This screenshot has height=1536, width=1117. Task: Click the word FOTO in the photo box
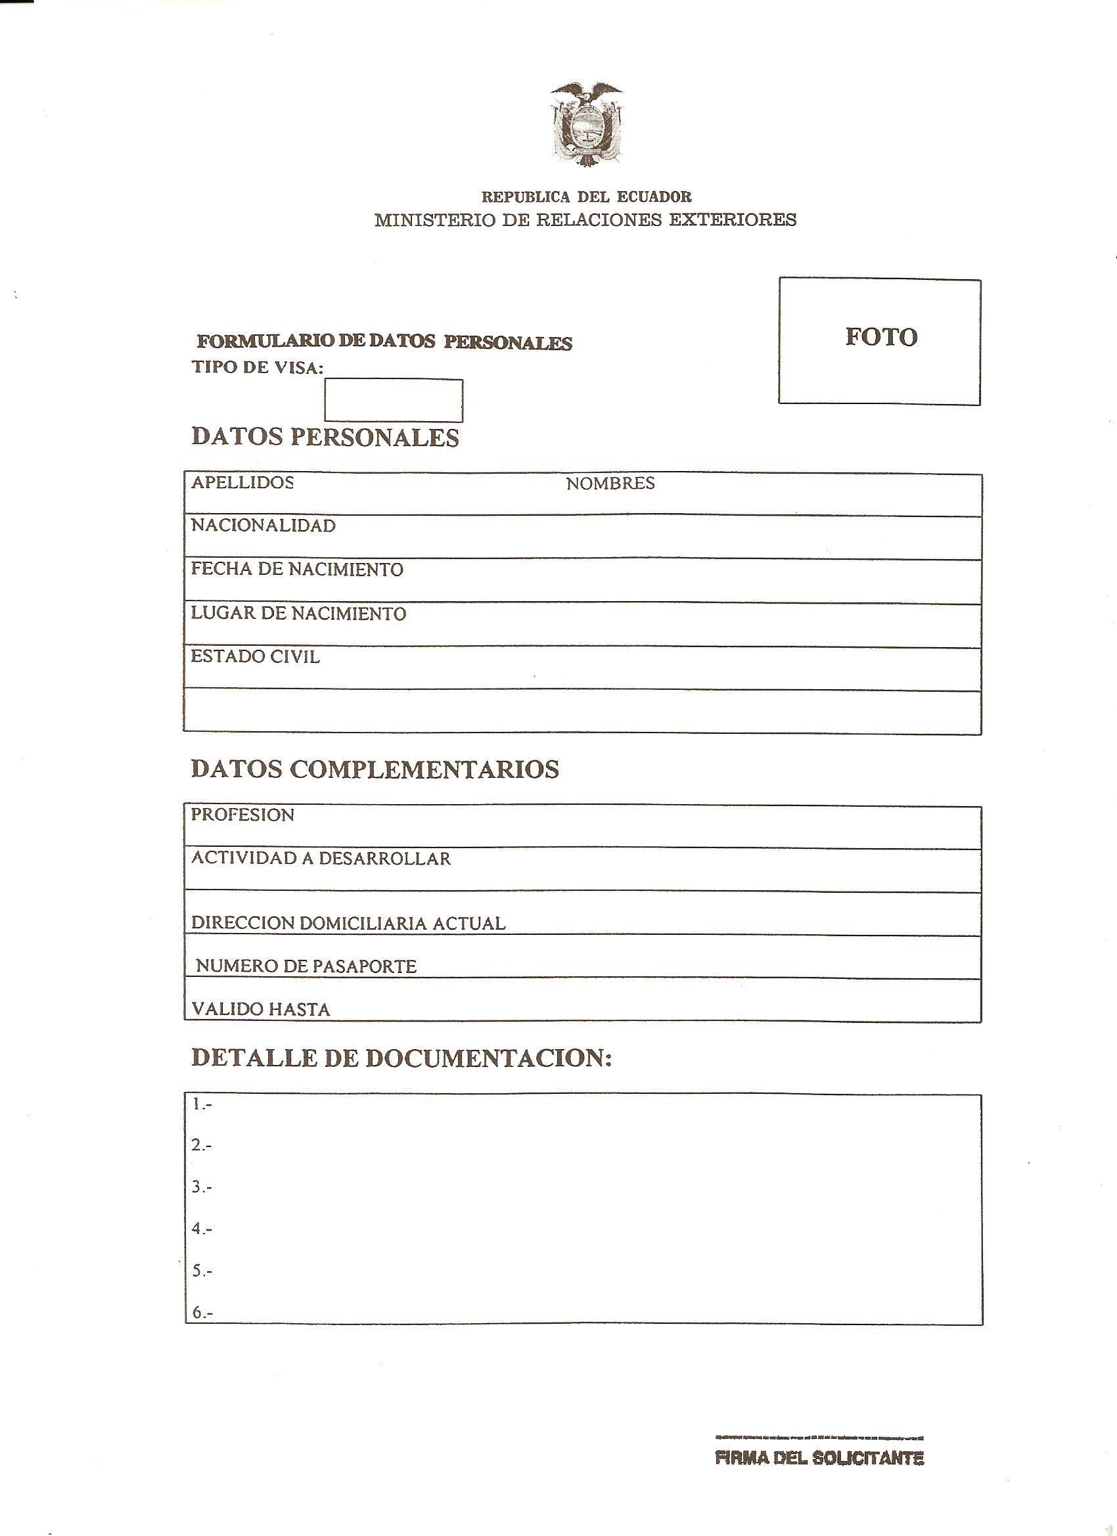880,336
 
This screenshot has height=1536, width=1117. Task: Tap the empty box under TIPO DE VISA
394,400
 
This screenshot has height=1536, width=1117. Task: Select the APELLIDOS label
242,482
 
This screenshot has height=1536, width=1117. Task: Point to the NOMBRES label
610,484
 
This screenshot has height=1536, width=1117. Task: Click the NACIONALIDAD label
263,526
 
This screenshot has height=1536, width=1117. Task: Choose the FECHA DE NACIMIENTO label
297,570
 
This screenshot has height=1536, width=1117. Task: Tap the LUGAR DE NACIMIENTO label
298,614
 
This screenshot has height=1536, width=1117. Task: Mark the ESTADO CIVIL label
255,657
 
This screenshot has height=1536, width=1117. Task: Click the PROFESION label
242,815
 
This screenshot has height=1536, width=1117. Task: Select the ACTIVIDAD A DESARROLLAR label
321,859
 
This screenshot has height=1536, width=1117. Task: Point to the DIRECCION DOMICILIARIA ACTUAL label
348,923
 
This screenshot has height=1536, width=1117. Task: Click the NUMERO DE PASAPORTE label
306,966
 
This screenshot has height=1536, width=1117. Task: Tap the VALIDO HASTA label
261,1010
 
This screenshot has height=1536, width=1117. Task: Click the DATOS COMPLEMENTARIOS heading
375,769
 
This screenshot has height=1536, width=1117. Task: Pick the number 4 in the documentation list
201,1229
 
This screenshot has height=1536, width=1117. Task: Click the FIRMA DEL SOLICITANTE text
819,1457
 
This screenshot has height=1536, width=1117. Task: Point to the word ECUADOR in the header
654,197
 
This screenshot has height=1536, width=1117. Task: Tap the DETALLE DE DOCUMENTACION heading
401,1058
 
